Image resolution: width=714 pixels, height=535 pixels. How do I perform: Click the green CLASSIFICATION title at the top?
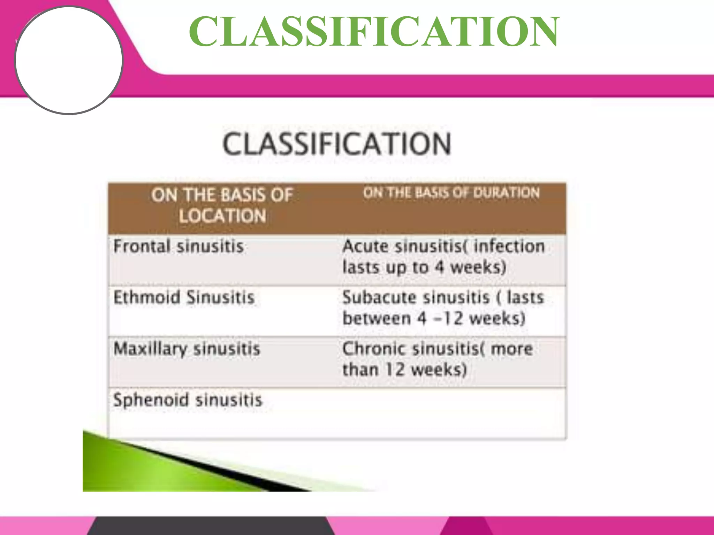pos(374,32)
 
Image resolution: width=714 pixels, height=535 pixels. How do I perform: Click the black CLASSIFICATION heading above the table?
pos(337,144)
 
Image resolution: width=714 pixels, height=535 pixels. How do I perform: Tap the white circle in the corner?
pos(69,60)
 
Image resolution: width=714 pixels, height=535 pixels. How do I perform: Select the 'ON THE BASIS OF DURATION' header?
pos(451,193)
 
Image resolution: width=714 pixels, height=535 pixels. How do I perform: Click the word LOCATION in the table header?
pos(222,216)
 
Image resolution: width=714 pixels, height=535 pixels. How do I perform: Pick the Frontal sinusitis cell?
pos(178,247)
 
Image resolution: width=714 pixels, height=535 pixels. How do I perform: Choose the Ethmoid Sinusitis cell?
pos(184,298)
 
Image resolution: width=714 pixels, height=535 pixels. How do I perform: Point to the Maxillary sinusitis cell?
pos(187,349)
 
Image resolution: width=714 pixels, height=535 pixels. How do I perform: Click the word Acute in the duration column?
pos(365,247)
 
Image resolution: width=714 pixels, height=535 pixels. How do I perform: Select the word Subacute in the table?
pos(379,298)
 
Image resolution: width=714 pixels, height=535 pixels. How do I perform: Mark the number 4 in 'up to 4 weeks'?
pos(439,267)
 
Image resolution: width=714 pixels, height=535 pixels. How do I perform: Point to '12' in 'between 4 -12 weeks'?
pos(452,319)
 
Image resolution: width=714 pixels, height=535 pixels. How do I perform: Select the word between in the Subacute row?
pos(377,319)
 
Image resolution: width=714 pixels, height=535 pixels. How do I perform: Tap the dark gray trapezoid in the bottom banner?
pos(209,527)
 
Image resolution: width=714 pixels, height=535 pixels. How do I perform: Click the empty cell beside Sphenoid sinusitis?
pos(450,413)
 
